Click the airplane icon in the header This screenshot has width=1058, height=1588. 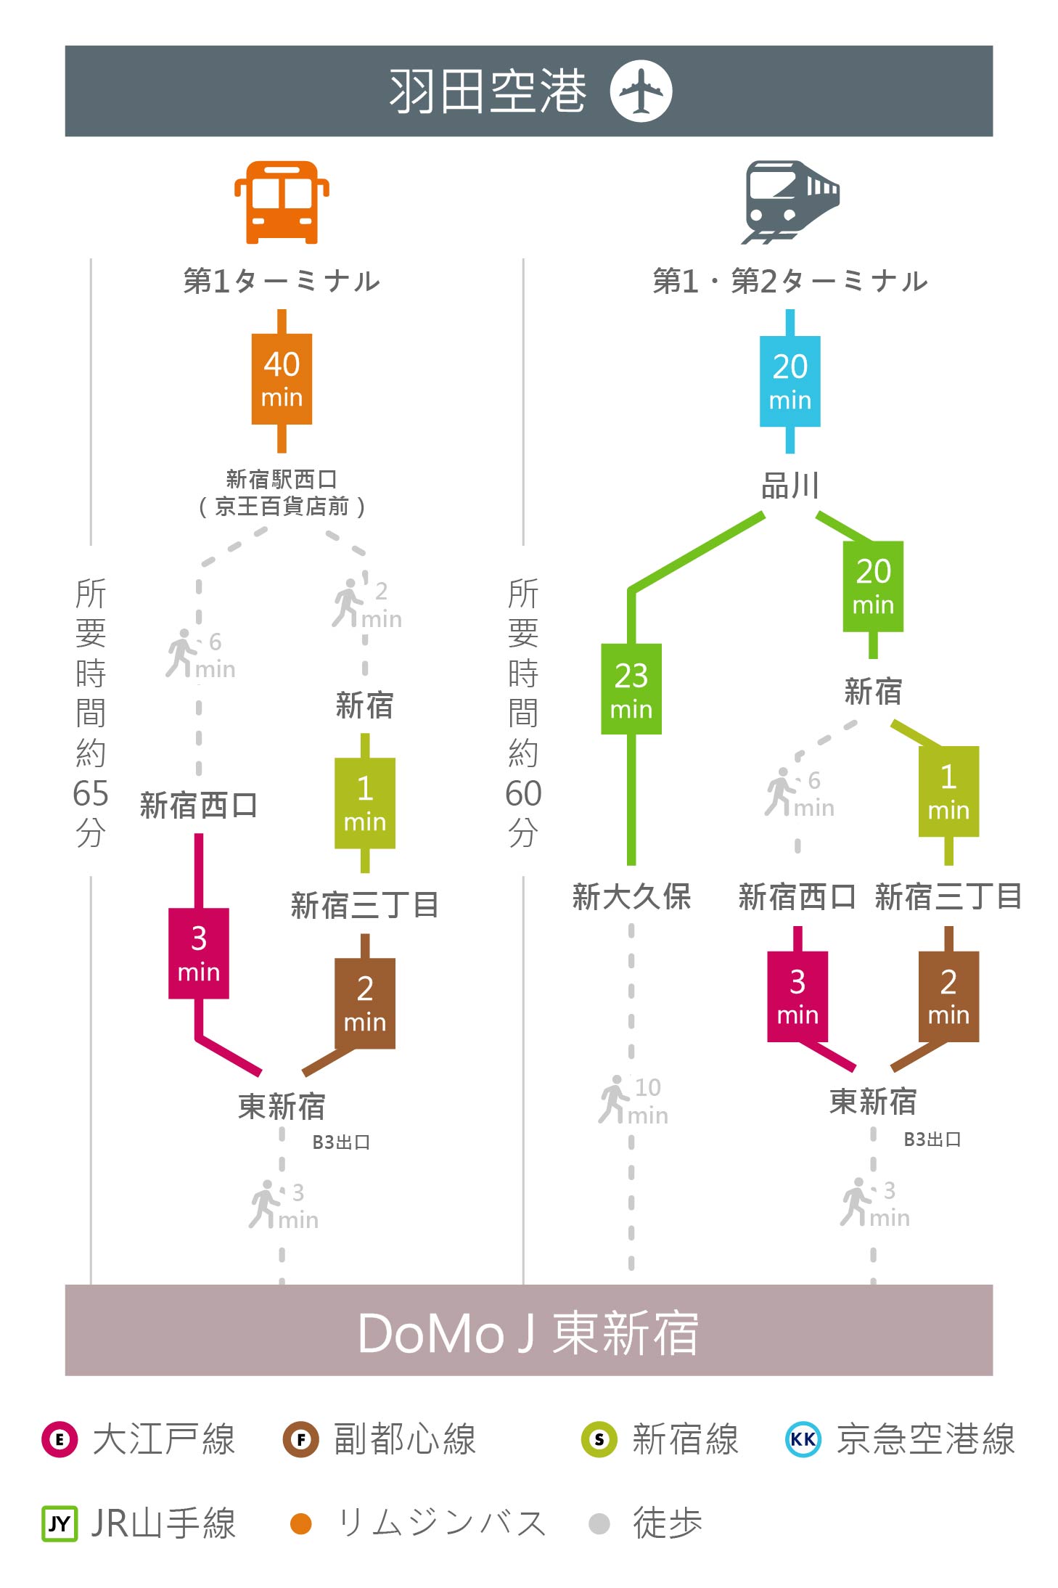(641, 91)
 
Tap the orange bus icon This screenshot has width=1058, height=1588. (282, 202)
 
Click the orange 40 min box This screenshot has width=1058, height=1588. (282, 379)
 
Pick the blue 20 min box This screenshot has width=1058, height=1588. (790, 381)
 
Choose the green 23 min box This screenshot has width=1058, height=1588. (631, 689)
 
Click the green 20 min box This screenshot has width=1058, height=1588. (873, 586)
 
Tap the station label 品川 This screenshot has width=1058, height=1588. (790, 486)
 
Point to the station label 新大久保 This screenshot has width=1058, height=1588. (631, 897)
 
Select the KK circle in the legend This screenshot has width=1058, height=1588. (803, 1439)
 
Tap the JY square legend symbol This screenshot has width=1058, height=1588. (60, 1523)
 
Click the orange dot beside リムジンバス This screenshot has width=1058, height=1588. (300, 1523)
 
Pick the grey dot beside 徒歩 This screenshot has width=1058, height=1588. (599, 1523)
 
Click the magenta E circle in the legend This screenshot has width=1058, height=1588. (60, 1439)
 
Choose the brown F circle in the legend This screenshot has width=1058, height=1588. (300, 1439)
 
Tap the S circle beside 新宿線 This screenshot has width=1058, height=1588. (599, 1439)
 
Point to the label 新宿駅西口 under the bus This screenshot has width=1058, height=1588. (282, 479)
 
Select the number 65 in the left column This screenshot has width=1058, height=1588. (91, 793)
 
